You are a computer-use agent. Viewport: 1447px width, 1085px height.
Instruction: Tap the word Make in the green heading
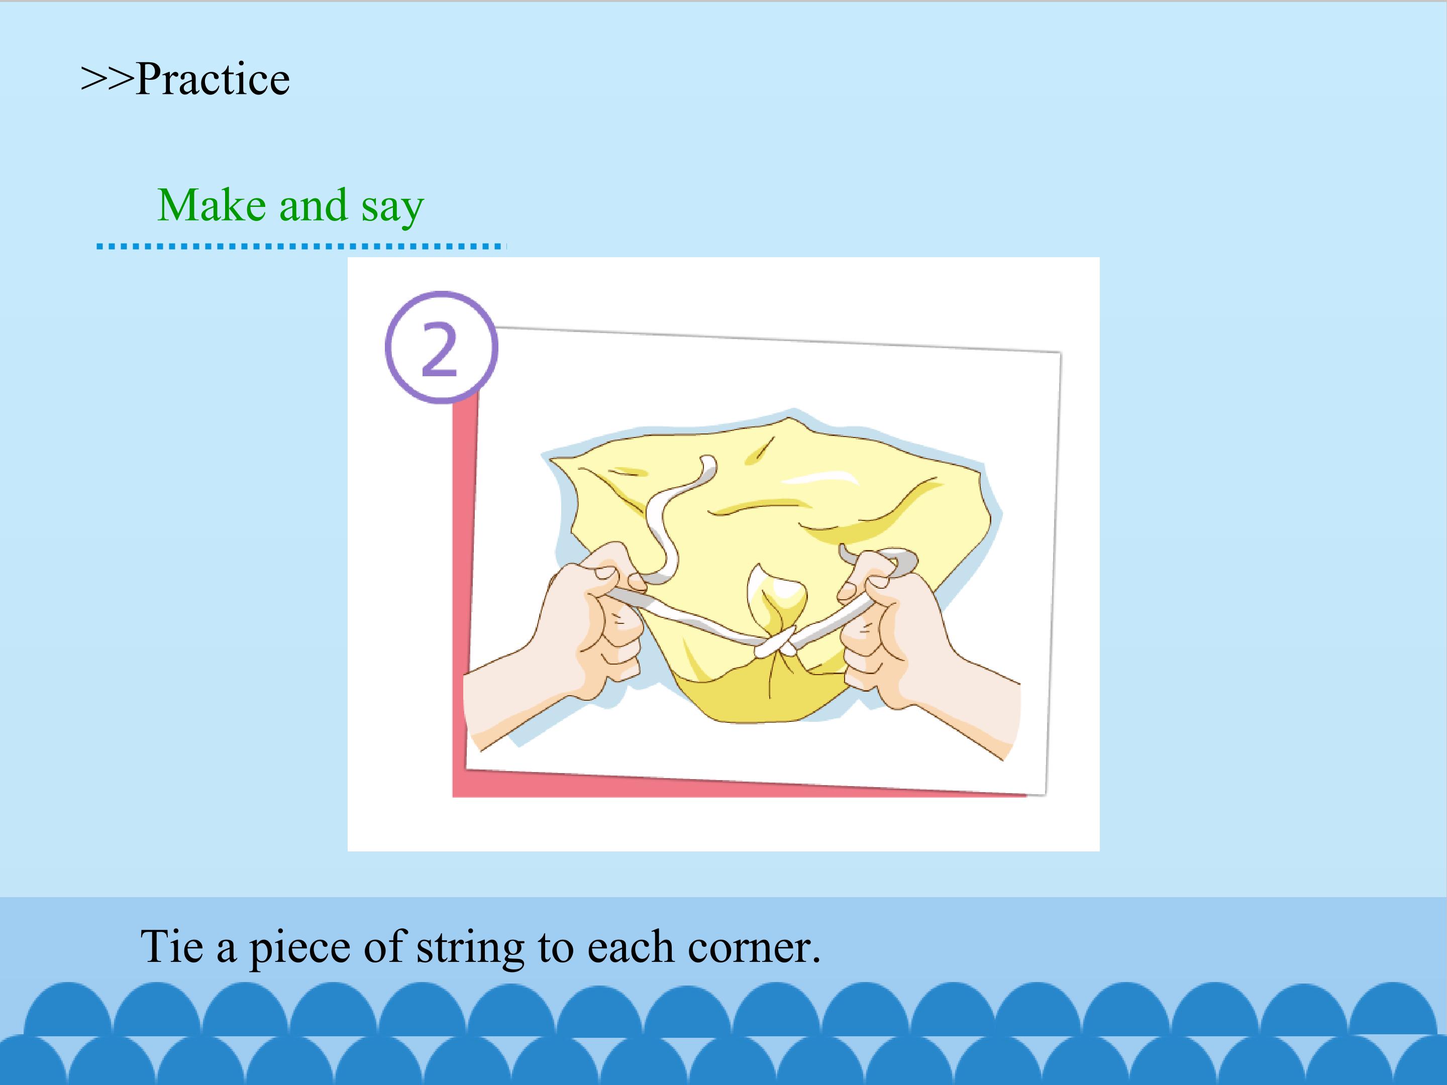212,205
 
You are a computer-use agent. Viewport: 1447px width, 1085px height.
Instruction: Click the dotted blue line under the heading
301,246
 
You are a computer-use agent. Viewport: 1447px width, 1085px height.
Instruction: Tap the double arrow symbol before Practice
108,79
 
